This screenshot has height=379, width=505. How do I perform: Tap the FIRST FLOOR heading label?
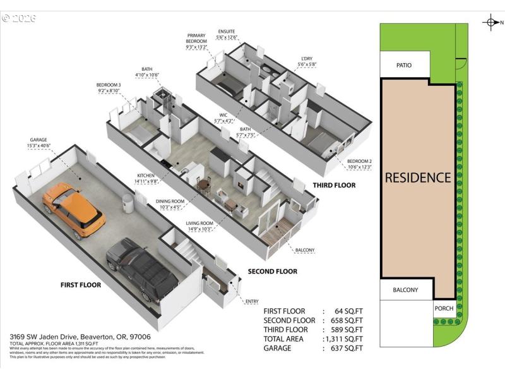(81, 285)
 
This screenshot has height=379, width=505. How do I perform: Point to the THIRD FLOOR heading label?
(334, 185)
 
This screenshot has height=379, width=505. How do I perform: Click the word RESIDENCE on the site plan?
(418, 177)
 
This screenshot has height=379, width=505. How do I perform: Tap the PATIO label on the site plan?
(405, 64)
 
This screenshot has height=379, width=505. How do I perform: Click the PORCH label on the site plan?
(444, 309)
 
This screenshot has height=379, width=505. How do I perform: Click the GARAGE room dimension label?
(39, 143)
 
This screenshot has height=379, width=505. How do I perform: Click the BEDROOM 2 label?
(359, 164)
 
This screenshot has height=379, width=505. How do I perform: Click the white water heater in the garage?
(128, 205)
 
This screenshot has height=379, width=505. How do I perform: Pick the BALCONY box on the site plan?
(405, 290)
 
